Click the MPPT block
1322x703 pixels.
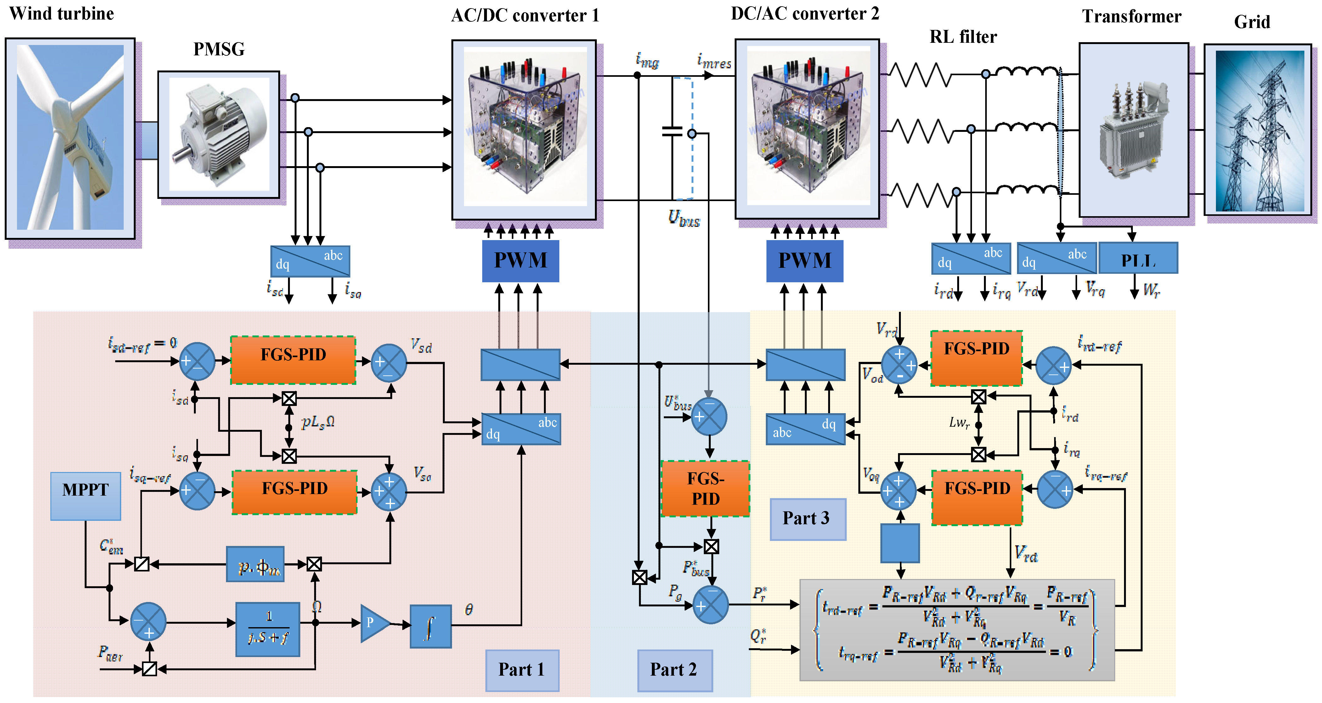click(x=86, y=496)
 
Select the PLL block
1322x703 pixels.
click(x=1138, y=259)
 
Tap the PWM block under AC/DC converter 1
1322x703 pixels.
click(x=520, y=261)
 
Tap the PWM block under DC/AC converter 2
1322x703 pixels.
click(x=804, y=261)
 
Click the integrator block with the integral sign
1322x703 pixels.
click(x=431, y=626)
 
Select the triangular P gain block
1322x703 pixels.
click(x=373, y=623)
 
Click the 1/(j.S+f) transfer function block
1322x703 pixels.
click(x=267, y=629)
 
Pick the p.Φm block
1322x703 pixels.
click(x=255, y=564)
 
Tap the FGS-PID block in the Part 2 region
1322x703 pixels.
click(x=706, y=488)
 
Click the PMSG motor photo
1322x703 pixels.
click(x=219, y=134)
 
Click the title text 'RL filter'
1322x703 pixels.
click(x=963, y=37)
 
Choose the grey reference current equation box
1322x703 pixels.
click(x=957, y=630)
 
